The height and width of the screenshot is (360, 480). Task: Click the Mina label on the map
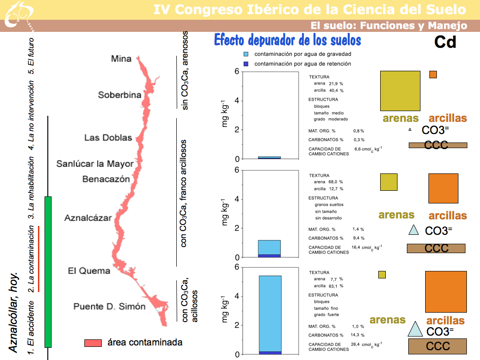pyautogui.click(x=121, y=59)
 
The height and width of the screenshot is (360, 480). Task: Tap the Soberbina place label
pyautogui.click(x=120, y=95)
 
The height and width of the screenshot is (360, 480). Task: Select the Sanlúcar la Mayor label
pyautogui.click(x=95, y=164)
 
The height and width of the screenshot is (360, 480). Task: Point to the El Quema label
pyautogui.click(x=89, y=270)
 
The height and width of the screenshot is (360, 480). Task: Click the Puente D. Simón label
pyautogui.click(x=109, y=307)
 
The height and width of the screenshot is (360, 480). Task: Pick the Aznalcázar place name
pyautogui.click(x=88, y=218)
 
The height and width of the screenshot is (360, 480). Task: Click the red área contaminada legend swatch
pyautogui.click(x=93, y=343)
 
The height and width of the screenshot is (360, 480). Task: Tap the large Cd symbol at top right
pyautogui.click(x=445, y=42)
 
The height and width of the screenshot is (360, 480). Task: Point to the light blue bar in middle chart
pyautogui.click(x=270, y=247)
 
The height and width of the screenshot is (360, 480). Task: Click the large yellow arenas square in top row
pyautogui.click(x=400, y=91)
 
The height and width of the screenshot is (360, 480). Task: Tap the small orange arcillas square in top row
pyautogui.click(x=433, y=75)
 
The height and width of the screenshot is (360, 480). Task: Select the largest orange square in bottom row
pyautogui.click(x=446, y=292)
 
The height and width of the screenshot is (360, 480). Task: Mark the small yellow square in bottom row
pyautogui.click(x=382, y=275)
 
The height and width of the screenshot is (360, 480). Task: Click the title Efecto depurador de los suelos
pyautogui.click(x=287, y=40)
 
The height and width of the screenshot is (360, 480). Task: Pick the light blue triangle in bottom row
pyautogui.click(x=415, y=330)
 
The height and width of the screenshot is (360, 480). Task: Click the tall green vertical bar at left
pyautogui.click(x=47, y=272)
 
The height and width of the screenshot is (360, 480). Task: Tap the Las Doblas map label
pyautogui.click(x=108, y=138)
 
